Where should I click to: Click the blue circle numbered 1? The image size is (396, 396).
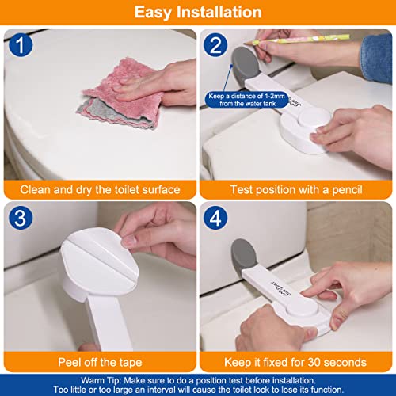21,45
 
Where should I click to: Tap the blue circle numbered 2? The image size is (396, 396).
215,45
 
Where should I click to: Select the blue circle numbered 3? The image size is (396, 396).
21,218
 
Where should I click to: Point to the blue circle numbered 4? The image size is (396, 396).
215,218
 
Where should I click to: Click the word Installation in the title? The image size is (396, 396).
219,12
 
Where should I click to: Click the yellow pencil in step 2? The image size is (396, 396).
297,39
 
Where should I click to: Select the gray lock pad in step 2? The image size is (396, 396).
245,65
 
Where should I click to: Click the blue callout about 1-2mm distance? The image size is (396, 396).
247,100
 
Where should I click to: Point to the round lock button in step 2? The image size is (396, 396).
314,118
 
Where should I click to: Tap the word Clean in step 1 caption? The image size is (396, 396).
35,190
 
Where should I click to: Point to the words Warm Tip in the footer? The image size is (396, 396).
101,381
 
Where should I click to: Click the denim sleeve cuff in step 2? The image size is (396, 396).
376,59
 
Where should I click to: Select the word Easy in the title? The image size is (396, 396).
153,13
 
